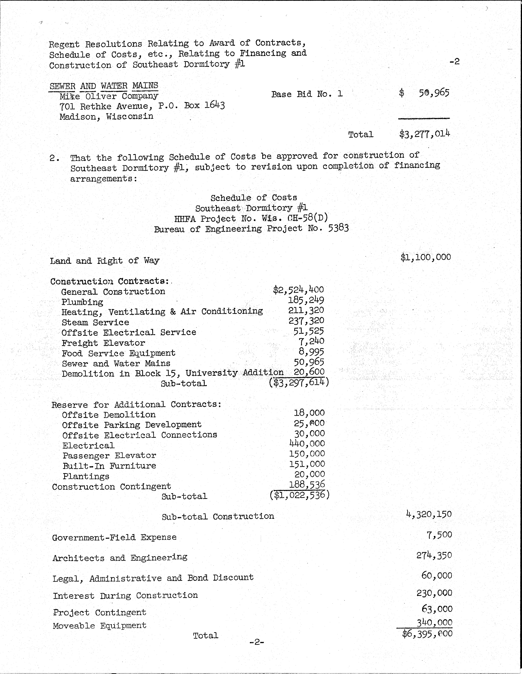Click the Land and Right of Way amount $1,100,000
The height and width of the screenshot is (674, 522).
pos(426,257)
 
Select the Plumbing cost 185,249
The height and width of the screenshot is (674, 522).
pos(306,300)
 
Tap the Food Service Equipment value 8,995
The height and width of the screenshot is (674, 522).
pos(311,352)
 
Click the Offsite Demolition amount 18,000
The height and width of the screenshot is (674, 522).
pos(309,413)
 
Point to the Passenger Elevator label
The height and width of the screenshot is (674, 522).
pos(109,455)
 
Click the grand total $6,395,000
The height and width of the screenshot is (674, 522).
pos(427,634)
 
